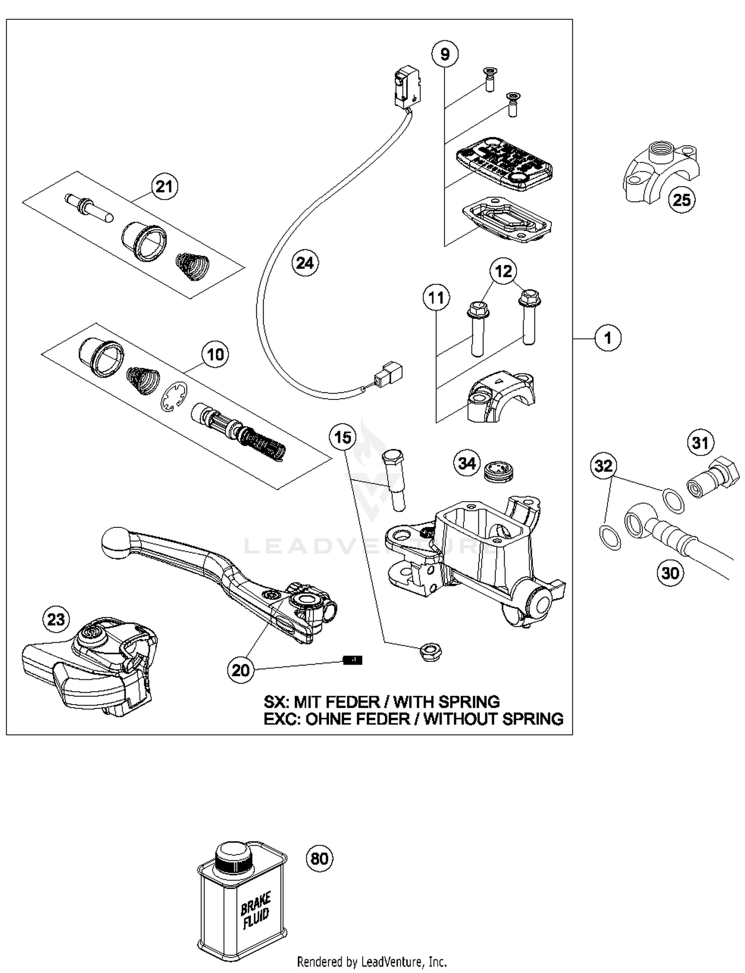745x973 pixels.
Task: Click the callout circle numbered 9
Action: pos(445,53)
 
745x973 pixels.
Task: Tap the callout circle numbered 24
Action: pos(304,262)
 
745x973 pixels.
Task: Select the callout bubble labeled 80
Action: pos(319,858)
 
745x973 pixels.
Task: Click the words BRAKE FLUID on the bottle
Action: pos(256,910)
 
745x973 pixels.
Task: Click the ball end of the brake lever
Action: pos(115,541)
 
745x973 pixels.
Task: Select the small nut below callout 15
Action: pos(431,650)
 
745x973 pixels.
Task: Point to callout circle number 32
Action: pos(603,465)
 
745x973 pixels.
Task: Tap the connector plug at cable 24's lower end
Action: pos(389,376)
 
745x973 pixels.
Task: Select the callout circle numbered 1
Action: pos(607,338)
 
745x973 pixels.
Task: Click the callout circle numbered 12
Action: pos(503,271)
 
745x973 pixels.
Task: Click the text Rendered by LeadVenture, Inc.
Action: pos(372,962)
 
